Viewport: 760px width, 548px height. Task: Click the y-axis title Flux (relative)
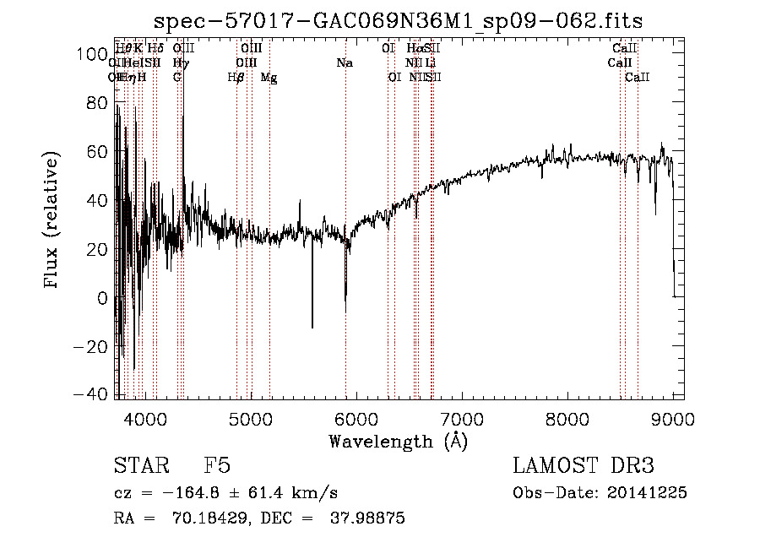click(52, 220)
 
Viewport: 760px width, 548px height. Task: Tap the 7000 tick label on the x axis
click(461, 415)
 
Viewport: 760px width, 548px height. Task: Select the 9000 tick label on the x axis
click(672, 415)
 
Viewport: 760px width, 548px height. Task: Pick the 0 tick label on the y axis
click(101, 298)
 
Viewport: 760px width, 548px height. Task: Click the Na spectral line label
click(345, 63)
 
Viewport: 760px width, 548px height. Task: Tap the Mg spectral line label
click(269, 78)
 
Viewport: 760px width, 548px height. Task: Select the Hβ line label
click(236, 78)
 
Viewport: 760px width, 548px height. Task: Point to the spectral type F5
click(217, 466)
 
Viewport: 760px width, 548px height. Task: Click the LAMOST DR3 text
click(583, 466)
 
